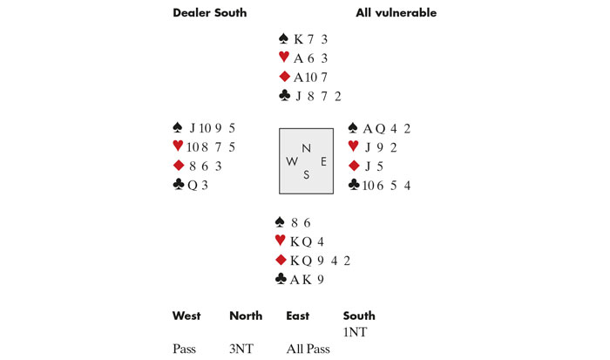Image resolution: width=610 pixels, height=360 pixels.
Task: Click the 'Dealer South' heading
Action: pyautogui.click(x=209, y=13)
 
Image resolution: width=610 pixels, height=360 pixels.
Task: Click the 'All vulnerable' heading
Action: pyautogui.click(x=396, y=13)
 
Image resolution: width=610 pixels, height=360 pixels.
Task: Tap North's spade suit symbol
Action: pyautogui.click(x=283, y=39)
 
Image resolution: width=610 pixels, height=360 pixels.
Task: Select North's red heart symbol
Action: pyautogui.click(x=283, y=58)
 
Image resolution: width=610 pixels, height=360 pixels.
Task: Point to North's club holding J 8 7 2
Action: pyautogui.click(x=319, y=96)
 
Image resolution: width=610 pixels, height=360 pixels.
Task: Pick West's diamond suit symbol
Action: pyautogui.click(x=179, y=166)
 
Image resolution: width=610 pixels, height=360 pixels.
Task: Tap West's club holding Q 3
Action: pyautogui.click(x=199, y=185)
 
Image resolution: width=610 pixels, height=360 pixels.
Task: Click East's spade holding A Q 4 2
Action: pyautogui.click(x=386, y=128)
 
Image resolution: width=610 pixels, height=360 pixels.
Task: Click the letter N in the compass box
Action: pyautogui.click(x=305, y=149)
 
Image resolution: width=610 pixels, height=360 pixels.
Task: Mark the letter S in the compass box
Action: pyautogui.click(x=305, y=174)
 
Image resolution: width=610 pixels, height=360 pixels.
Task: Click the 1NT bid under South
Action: pyautogui.click(x=356, y=332)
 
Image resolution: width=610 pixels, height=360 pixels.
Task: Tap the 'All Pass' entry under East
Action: pyautogui.click(x=308, y=349)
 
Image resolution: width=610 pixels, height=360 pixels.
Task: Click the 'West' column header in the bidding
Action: pyautogui.click(x=187, y=316)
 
